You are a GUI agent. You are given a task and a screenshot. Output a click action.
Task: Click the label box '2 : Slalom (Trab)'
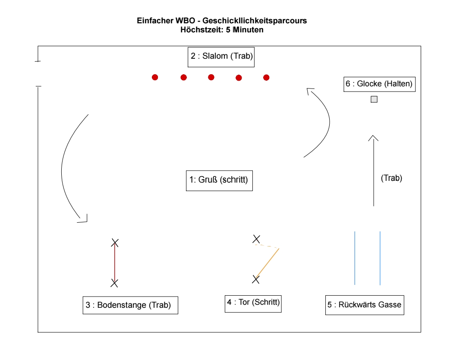coord(221,56)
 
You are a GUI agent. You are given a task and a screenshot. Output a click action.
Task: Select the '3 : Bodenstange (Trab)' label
coord(130,305)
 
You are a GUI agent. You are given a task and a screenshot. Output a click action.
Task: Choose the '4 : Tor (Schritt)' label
coord(254,302)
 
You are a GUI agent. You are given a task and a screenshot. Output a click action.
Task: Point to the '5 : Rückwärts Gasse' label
coord(365,305)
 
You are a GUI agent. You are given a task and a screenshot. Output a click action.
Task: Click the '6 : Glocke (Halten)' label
coord(379,84)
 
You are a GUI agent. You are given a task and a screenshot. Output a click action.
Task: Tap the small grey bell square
coord(374,99)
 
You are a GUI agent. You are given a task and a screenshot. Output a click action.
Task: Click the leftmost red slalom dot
coord(155,77)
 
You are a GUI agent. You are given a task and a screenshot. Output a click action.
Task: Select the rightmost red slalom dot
coord(266,78)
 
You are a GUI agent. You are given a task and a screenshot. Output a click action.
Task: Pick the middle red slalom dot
coord(211,77)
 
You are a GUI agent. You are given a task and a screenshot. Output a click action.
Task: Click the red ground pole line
coord(115,263)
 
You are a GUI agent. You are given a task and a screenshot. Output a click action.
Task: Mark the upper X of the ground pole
coord(115,243)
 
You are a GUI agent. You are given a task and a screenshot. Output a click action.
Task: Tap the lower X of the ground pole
coord(114,283)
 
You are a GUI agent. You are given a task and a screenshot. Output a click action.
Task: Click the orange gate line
coord(268,263)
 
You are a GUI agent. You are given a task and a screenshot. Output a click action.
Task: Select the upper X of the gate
coord(256,239)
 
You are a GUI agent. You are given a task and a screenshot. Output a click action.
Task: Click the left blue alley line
coord(355,258)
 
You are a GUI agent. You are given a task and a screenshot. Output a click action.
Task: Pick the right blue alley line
coord(380,258)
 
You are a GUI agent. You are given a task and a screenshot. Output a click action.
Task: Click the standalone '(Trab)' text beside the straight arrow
coord(392,178)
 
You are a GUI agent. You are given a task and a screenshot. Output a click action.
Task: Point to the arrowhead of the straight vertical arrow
coord(374,137)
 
